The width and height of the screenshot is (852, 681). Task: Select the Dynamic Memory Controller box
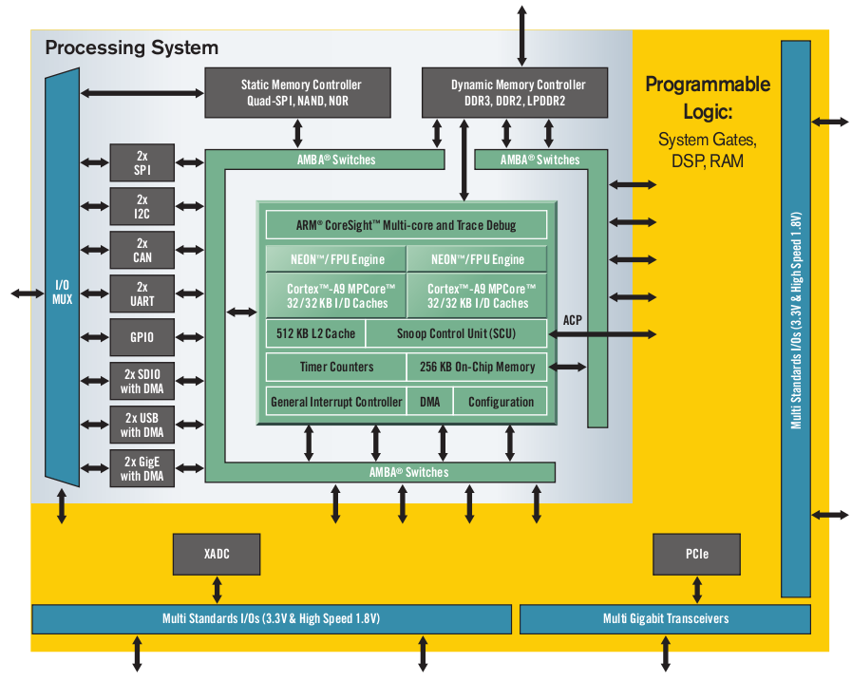517,92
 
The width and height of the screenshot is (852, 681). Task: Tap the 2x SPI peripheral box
142,162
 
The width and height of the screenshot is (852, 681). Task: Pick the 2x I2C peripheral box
142,207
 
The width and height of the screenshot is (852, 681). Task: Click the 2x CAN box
142,250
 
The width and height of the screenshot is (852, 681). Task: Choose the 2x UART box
142,294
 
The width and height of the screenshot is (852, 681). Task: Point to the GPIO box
142,337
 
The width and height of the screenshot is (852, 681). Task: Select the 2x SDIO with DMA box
142,381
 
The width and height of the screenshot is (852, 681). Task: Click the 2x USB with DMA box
142,425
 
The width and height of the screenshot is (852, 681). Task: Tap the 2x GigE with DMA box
142,468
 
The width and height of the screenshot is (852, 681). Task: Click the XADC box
217,554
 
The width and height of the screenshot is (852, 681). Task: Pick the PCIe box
695,554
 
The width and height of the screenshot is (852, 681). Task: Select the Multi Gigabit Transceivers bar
665,618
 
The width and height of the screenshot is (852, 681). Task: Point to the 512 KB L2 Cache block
315,333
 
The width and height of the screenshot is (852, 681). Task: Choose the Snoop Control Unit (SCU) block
456,333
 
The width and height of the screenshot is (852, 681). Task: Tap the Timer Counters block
335,367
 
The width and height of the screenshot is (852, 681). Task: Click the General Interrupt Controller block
335,402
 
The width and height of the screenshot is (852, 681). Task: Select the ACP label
573,320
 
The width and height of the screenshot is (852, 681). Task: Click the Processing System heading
132,47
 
